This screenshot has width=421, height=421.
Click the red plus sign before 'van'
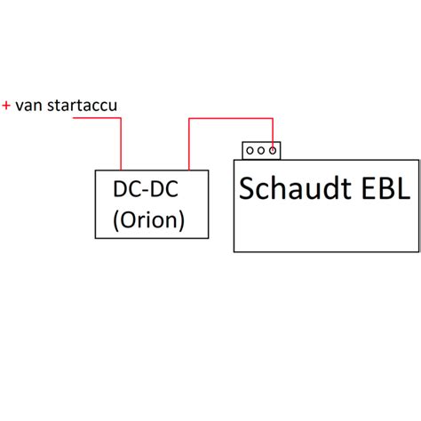(x=6, y=106)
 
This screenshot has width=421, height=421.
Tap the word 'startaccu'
(x=82, y=105)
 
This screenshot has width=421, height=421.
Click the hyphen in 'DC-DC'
(x=145, y=191)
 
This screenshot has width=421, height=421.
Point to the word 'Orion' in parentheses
(x=148, y=219)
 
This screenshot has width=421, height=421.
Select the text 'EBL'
(x=386, y=188)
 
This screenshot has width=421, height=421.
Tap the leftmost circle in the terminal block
(x=250, y=151)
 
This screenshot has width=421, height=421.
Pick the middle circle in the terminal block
(x=261, y=151)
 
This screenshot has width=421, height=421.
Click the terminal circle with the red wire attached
(x=273, y=151)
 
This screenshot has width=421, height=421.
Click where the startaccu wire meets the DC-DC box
(x=121, y=170)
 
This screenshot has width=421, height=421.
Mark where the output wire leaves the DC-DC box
(x=189, y=170)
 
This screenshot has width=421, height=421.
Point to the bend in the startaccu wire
(x=121, y=118)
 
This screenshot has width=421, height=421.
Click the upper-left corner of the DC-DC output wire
(x=189, y=119)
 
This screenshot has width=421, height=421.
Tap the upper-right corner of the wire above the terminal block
(x=273, y=119)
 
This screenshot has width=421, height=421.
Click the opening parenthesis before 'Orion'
(x=116, y=220)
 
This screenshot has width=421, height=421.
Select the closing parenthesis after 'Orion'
(x=181, y=220)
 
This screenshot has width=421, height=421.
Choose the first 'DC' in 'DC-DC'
(x=127, y=188)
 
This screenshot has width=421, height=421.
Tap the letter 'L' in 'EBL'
(x=404, y=188)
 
